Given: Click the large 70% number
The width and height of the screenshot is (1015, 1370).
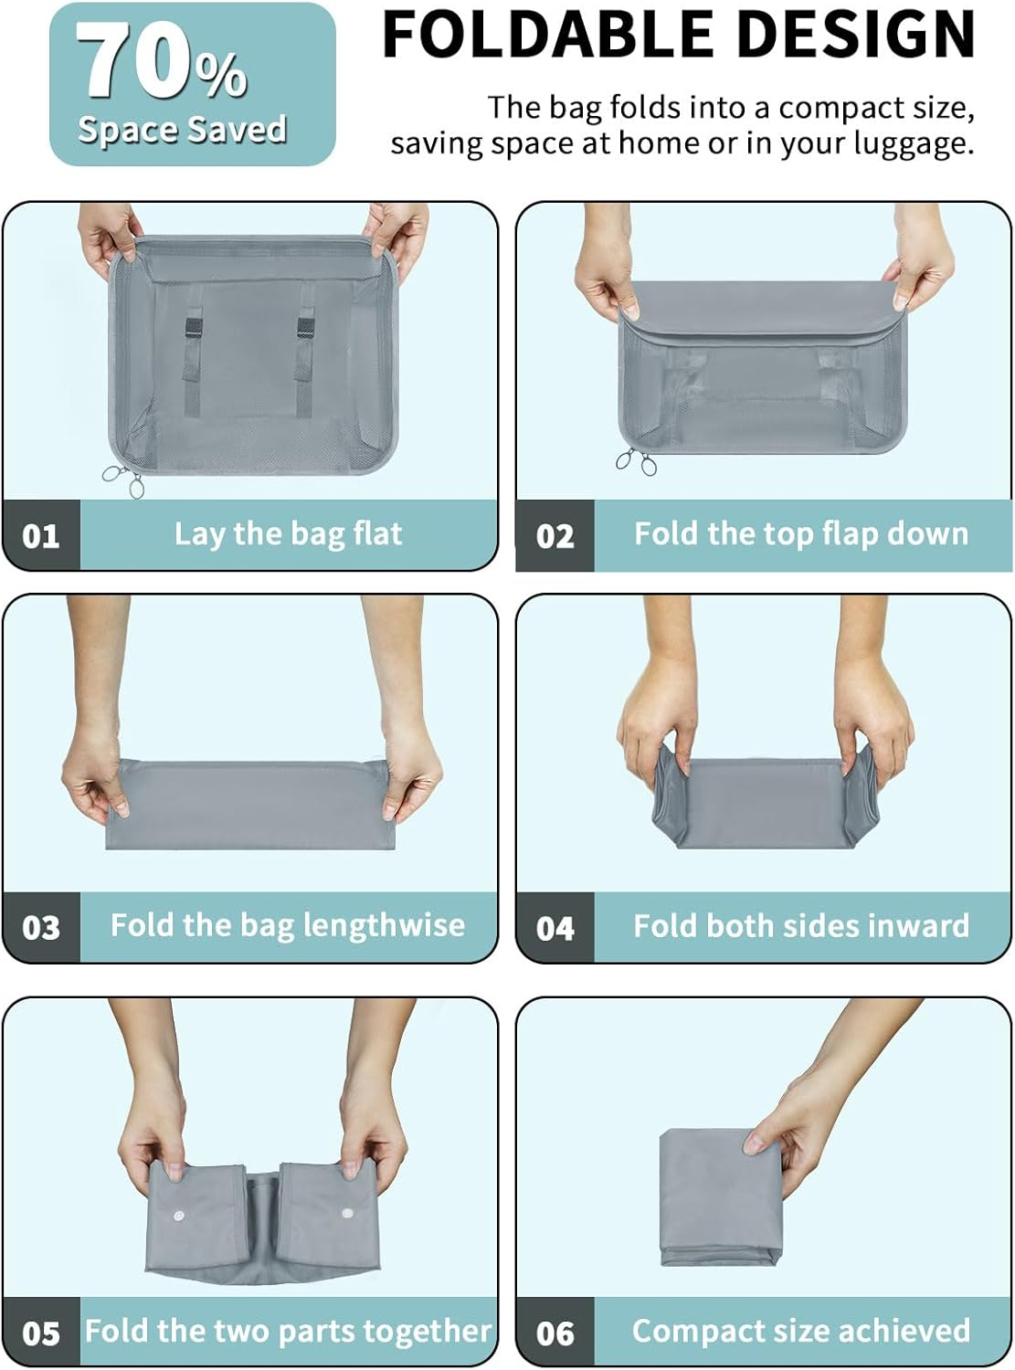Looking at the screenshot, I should coord(161,62).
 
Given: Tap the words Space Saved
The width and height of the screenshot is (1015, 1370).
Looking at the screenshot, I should coord(182,130).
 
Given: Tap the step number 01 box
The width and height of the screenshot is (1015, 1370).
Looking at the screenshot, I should coord(41,535).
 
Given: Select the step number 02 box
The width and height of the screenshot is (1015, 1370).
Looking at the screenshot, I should coord(555,535).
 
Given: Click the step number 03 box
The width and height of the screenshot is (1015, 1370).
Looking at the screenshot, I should coord(41,928).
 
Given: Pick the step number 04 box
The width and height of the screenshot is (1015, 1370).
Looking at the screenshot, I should coord(555,928).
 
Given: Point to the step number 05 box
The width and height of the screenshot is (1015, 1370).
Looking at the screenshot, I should coord(41,1333).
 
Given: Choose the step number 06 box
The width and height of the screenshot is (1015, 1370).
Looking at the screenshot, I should coord(555,1333).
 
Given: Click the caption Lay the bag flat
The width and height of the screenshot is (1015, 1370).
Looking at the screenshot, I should coord(288,533).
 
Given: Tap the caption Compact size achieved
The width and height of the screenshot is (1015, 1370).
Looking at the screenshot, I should coord(800,1331).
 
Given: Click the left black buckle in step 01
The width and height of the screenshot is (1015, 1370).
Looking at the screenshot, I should coord(192,328).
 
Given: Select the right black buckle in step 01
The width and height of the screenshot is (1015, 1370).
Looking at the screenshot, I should coord(304,328).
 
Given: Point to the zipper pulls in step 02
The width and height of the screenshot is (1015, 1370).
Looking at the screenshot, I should coord(637,462).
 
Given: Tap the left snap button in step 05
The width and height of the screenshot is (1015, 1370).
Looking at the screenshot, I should coord(179,1216).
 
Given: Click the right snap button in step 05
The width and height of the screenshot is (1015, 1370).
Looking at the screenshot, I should coord(346,1213).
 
